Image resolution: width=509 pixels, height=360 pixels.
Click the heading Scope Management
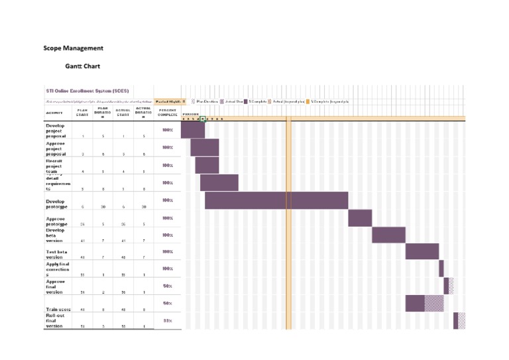coord(73,48)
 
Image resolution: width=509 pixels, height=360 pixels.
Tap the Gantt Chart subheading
coord(82,66)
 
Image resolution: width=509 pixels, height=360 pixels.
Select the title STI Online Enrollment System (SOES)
coord(87,91)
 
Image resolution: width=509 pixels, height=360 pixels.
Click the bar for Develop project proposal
coord(192,130)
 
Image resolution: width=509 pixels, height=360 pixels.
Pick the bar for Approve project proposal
coord(204,147)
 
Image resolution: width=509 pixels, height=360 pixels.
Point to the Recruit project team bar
coord(207,165)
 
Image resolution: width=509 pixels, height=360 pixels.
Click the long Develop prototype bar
coord(276,200)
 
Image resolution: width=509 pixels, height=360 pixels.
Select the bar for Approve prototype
coord(360,217)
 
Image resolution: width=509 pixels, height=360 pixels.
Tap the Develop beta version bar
coord(388,235)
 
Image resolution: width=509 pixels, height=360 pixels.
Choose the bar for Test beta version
coord(422,252)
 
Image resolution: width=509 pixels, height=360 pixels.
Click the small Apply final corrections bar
coord(441,269)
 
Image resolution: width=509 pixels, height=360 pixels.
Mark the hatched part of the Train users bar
coord(434,303)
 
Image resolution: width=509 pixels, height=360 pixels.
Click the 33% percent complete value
coord(168,321)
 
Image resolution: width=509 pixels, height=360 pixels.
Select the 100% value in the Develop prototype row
coord(168,200)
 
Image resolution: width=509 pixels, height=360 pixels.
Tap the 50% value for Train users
coord(168,303)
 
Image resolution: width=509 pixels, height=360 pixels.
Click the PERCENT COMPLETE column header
coord(168,112)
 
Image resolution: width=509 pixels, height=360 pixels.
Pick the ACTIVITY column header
coord(54,113)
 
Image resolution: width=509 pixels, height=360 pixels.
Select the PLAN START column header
coord(82,112)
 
